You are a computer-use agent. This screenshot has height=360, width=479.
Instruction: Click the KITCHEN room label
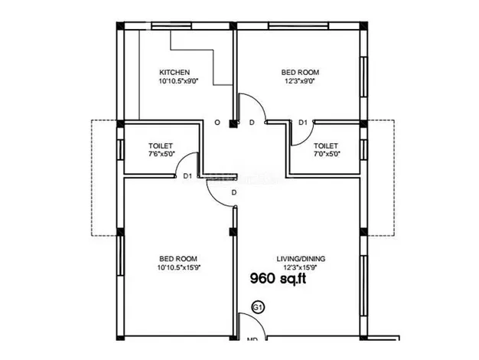coord(174,73)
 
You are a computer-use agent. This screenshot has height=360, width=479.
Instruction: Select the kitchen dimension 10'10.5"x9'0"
coord(179,81)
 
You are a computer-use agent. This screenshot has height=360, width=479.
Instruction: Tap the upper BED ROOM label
coord(300,73)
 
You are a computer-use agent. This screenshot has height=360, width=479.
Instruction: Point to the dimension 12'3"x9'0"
coord(300,81)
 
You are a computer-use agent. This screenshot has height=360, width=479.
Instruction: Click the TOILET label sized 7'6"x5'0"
coord(161,146)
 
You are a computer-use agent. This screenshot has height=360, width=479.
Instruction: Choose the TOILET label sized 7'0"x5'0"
coord(326,146)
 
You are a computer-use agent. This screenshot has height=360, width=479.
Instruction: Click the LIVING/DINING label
coord(301,259)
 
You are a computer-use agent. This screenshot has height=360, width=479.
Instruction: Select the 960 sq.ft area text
coord(278,279)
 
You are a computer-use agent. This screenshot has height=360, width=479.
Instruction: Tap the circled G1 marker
coord(258,307)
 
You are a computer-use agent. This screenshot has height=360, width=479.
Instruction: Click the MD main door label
coord(253,339)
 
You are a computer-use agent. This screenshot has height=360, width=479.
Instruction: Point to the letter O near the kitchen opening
coord(217,123)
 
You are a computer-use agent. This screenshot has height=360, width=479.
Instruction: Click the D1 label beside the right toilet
coord(303,123)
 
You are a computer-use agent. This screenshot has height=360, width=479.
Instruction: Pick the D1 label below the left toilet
coord(187,176)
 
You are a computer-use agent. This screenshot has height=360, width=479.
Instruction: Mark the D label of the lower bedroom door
coord(234,193)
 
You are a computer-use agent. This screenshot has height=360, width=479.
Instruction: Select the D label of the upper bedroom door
coord(252,123)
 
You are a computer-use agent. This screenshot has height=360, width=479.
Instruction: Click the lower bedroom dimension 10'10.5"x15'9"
coord(179,267)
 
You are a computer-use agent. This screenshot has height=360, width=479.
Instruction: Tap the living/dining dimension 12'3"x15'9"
coord(300,267)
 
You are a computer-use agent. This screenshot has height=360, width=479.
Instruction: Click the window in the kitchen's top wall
coord(171,26)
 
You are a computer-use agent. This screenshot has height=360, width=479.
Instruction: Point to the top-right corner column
coord(363,26)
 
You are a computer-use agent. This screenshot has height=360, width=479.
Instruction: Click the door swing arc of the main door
coord(258,321)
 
